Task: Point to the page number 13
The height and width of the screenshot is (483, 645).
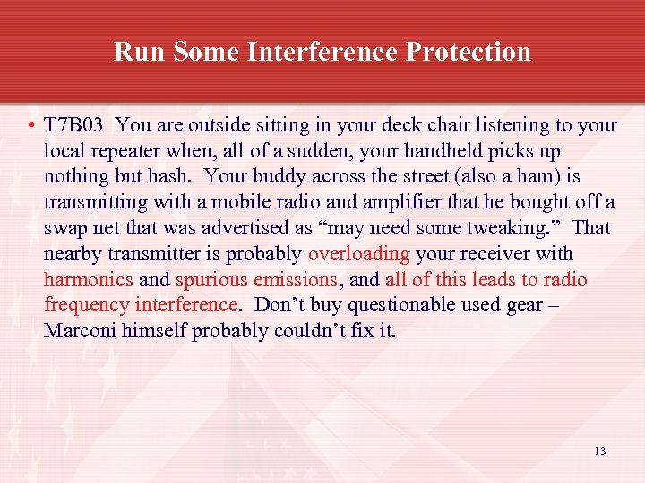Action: [x=599, y=452]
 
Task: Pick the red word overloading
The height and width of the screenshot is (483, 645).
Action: [x=358, y=254]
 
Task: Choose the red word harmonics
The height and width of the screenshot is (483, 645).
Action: [x=89, y=280]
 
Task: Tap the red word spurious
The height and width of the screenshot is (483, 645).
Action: [x=212, y=280]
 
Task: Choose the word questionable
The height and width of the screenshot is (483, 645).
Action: [x=401, y=305]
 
